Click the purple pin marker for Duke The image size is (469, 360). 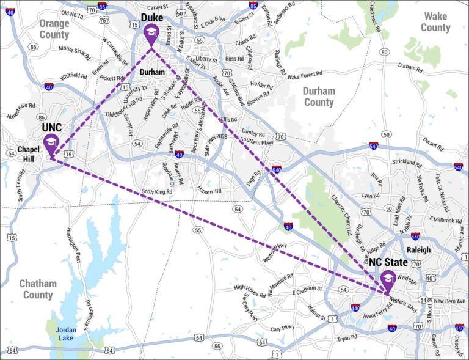(152, 35)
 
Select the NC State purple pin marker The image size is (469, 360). (387, 281)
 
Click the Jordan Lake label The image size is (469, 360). (66, 333)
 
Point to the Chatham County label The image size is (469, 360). (38, 289)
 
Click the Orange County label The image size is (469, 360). (54, 29)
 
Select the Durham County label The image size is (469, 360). (319, 97)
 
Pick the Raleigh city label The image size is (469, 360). (418, 249)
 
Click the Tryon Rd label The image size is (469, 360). (347, 338)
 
